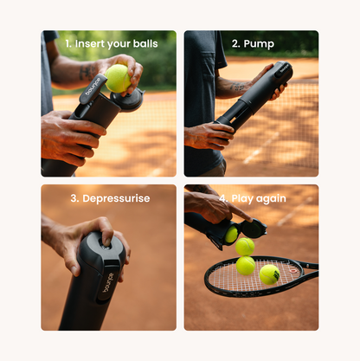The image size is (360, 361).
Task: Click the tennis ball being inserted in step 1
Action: pyautogui.click(x=117, y=78)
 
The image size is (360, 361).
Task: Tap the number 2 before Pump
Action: pyautogui.click(x=235, y=42)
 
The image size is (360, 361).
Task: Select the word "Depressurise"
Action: pyautogui.click(x=116, y=198)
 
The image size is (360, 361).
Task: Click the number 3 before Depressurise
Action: pyautogui.click(x=74, y=198)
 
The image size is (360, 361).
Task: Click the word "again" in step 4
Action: pyautogui.click(x=269, y=198)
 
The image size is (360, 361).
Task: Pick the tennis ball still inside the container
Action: pyautogui.click(x=231, y=235)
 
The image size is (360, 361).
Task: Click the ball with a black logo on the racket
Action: pyautogui.click(x=269, y=274)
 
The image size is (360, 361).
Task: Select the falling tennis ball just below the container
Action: pyautogui.click(x=245, y=246)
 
